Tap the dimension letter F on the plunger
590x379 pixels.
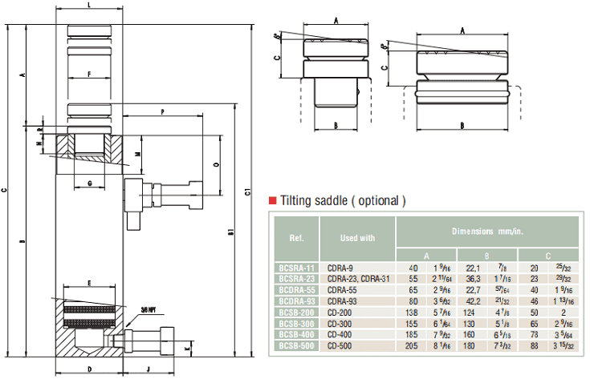[89, 74]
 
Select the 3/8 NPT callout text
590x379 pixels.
[147, 308]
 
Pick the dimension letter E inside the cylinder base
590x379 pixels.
[89, 283]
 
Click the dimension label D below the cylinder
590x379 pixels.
[89, 369]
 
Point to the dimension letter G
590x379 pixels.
[89, 184]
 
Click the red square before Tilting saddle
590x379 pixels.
[273, 200]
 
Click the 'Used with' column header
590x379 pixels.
[357, 237]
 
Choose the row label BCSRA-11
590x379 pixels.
[296, 266]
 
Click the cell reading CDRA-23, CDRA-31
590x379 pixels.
[357, 277]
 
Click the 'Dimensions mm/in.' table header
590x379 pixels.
[486, 230]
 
